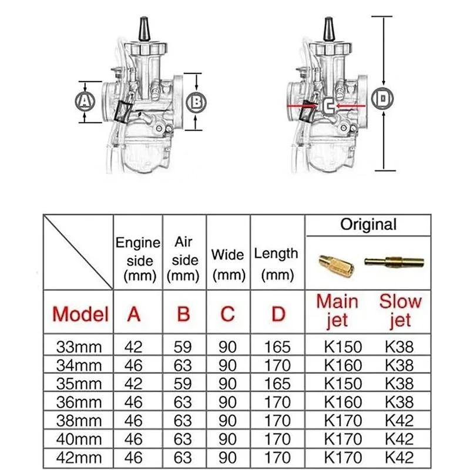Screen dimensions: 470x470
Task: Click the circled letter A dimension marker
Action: pos(86,101)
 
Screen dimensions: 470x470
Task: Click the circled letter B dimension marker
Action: pos(196,101)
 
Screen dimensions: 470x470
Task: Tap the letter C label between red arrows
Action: pos(328,106)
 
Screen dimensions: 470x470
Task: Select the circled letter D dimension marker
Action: pos(382,99)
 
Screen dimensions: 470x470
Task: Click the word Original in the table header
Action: pos(368,224)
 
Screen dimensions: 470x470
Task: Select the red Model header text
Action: pos(80,313)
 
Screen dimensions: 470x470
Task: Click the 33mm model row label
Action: pos(80,346)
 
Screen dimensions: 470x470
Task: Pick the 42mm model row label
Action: pos(80,456)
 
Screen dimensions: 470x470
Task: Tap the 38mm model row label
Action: pos(80,420)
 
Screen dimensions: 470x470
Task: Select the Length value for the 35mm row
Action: pos(278,383)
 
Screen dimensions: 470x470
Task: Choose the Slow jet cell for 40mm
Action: pos(399,438)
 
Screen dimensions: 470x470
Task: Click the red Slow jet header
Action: pos(400,311)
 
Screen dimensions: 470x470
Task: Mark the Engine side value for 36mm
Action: pos(134,402)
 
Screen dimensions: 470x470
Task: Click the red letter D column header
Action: pos(278,313)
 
